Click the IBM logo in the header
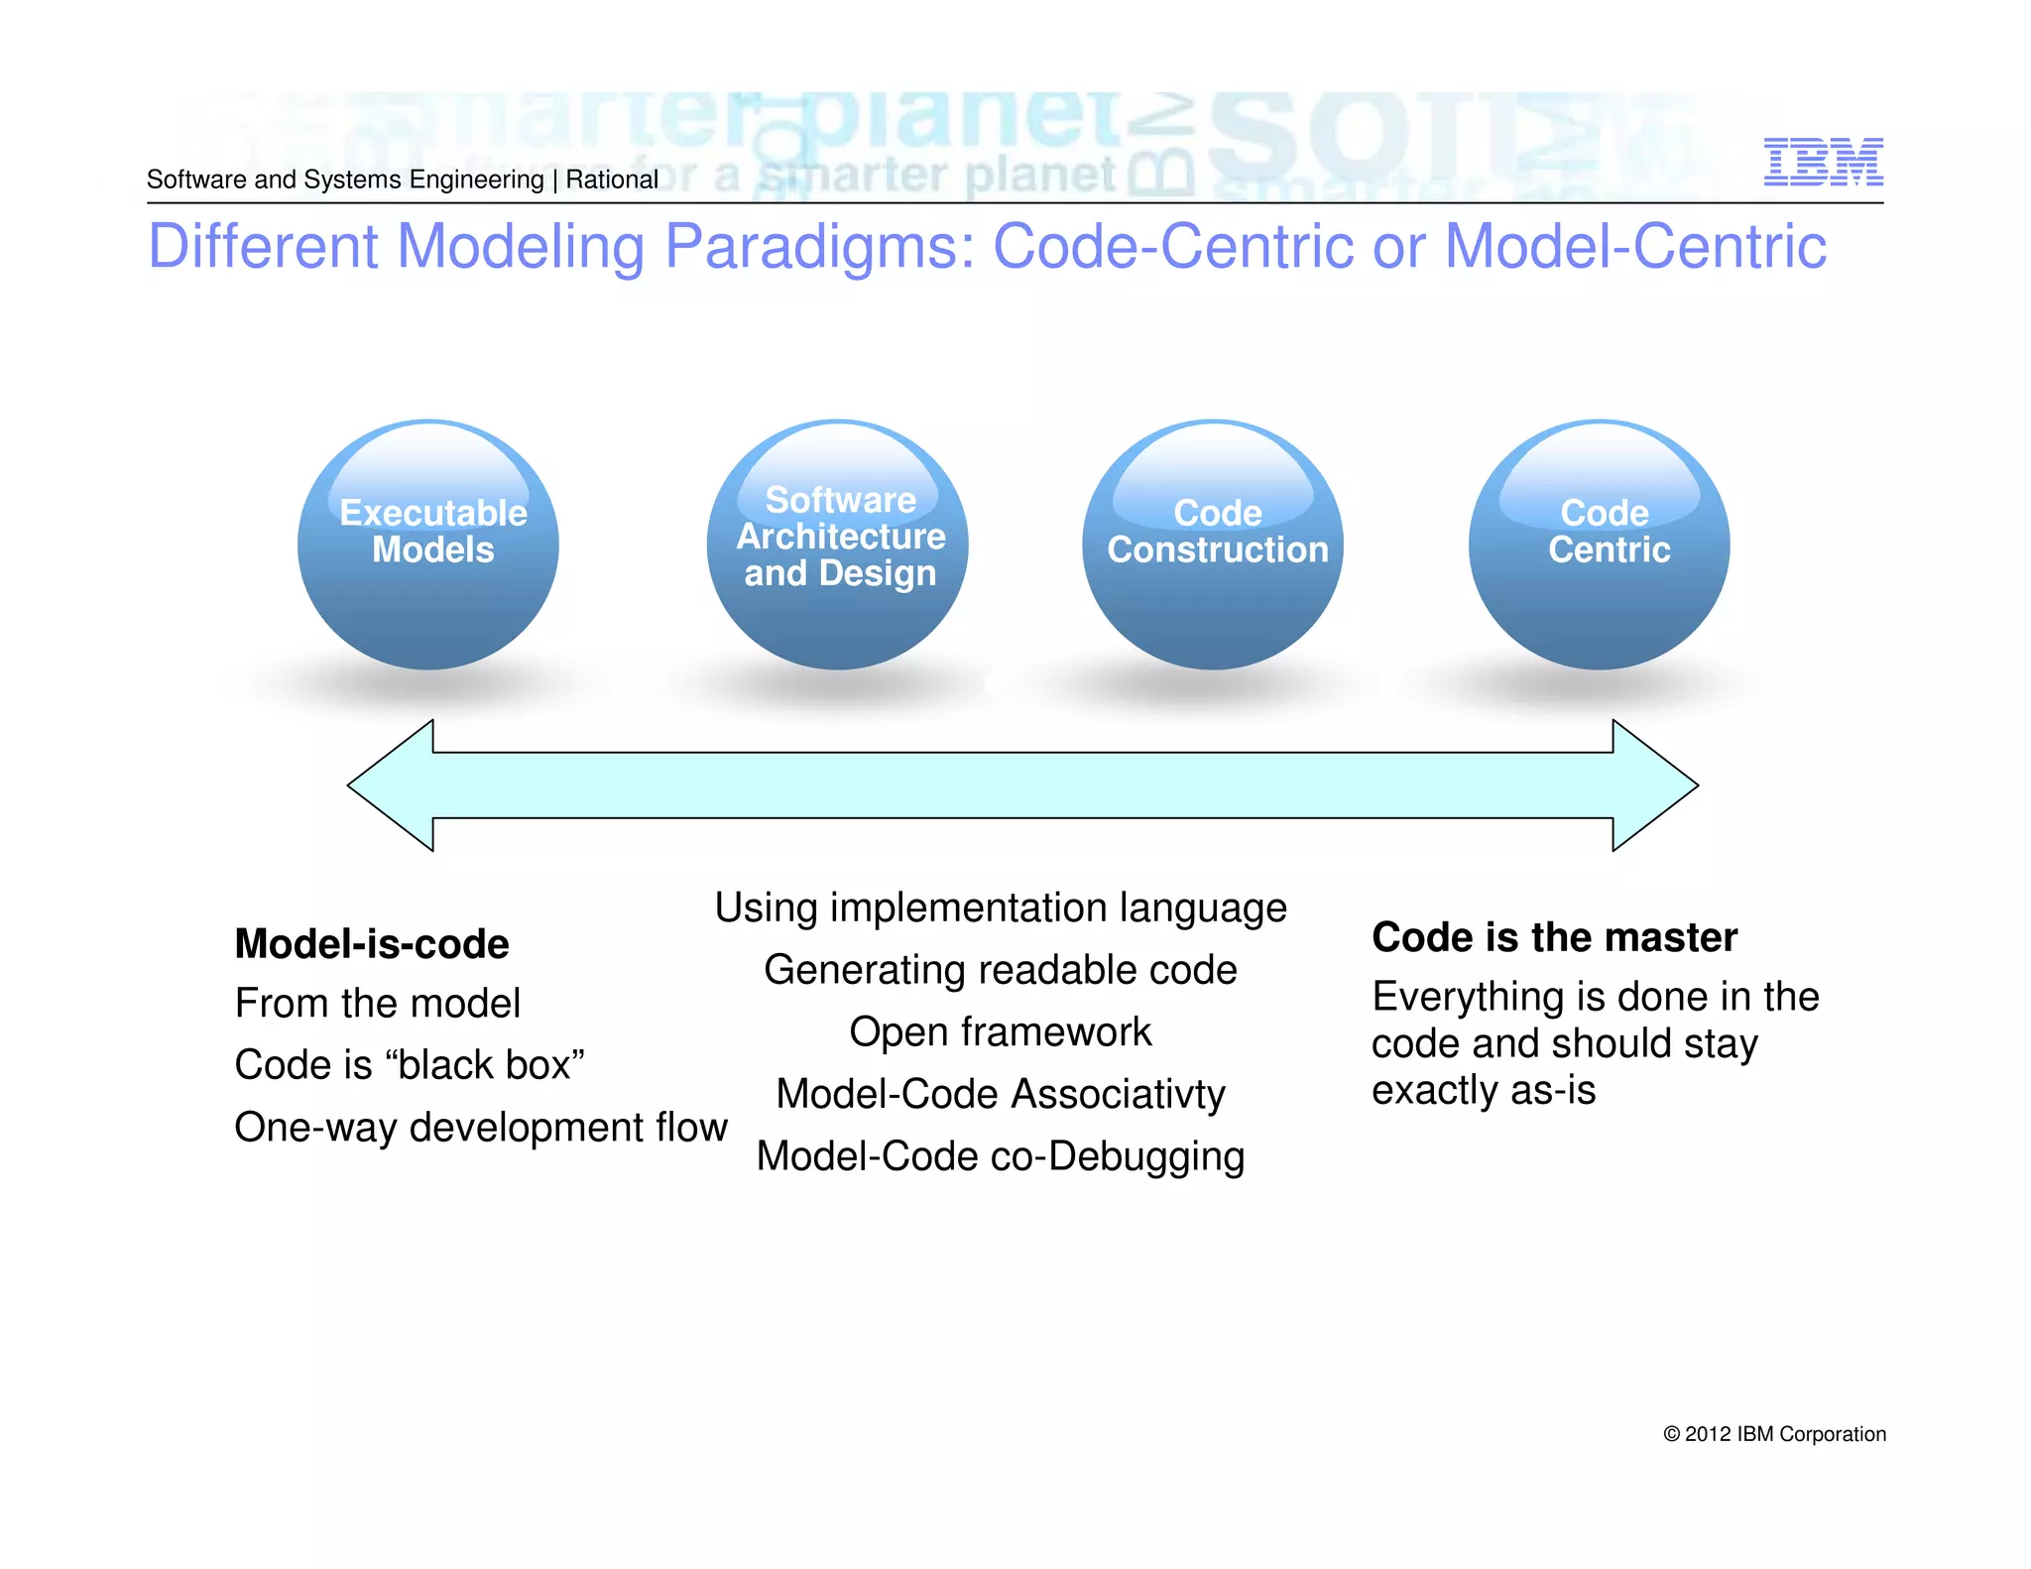(x=1823, y=162)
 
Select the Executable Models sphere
(x=428, y=544)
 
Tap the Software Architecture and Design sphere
(x=838, y=544)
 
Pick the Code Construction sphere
(x=1213, y=544)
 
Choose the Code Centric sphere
(x=1599, y=544)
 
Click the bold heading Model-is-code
(x=372, y=944)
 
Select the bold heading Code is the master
(x=1554, y=937)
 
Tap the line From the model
(x=377, y=1004)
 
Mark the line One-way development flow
(x=481, y=1128)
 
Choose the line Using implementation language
(x=1000, y=908)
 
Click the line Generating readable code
(x=1000, y=970)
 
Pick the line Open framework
(x=1000, y=1032)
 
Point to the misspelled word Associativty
(x=1118, y=1095)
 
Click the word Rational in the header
(x=612, y=180)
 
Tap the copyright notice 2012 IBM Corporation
(x=1774, y=1434)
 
